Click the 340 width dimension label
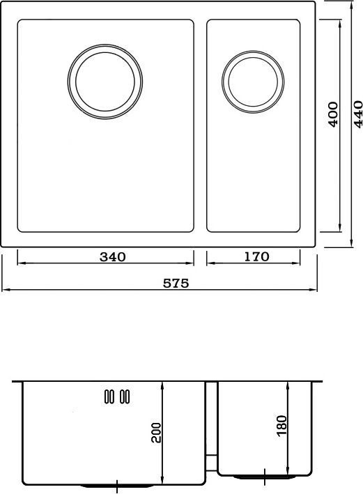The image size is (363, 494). coord(112,256)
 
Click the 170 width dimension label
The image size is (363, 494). coord(256,256)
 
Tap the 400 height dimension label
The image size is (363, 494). coord(333,114)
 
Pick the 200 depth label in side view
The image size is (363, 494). coord(156,433)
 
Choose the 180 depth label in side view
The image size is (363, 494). coord(281,426)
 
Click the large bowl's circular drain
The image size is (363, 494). coord(106,81)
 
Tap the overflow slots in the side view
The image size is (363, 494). coord(115,396)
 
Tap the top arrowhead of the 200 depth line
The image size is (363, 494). coord(162,385)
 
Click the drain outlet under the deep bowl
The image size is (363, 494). coord(115,485)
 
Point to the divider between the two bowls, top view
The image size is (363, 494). coord(201,125)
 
